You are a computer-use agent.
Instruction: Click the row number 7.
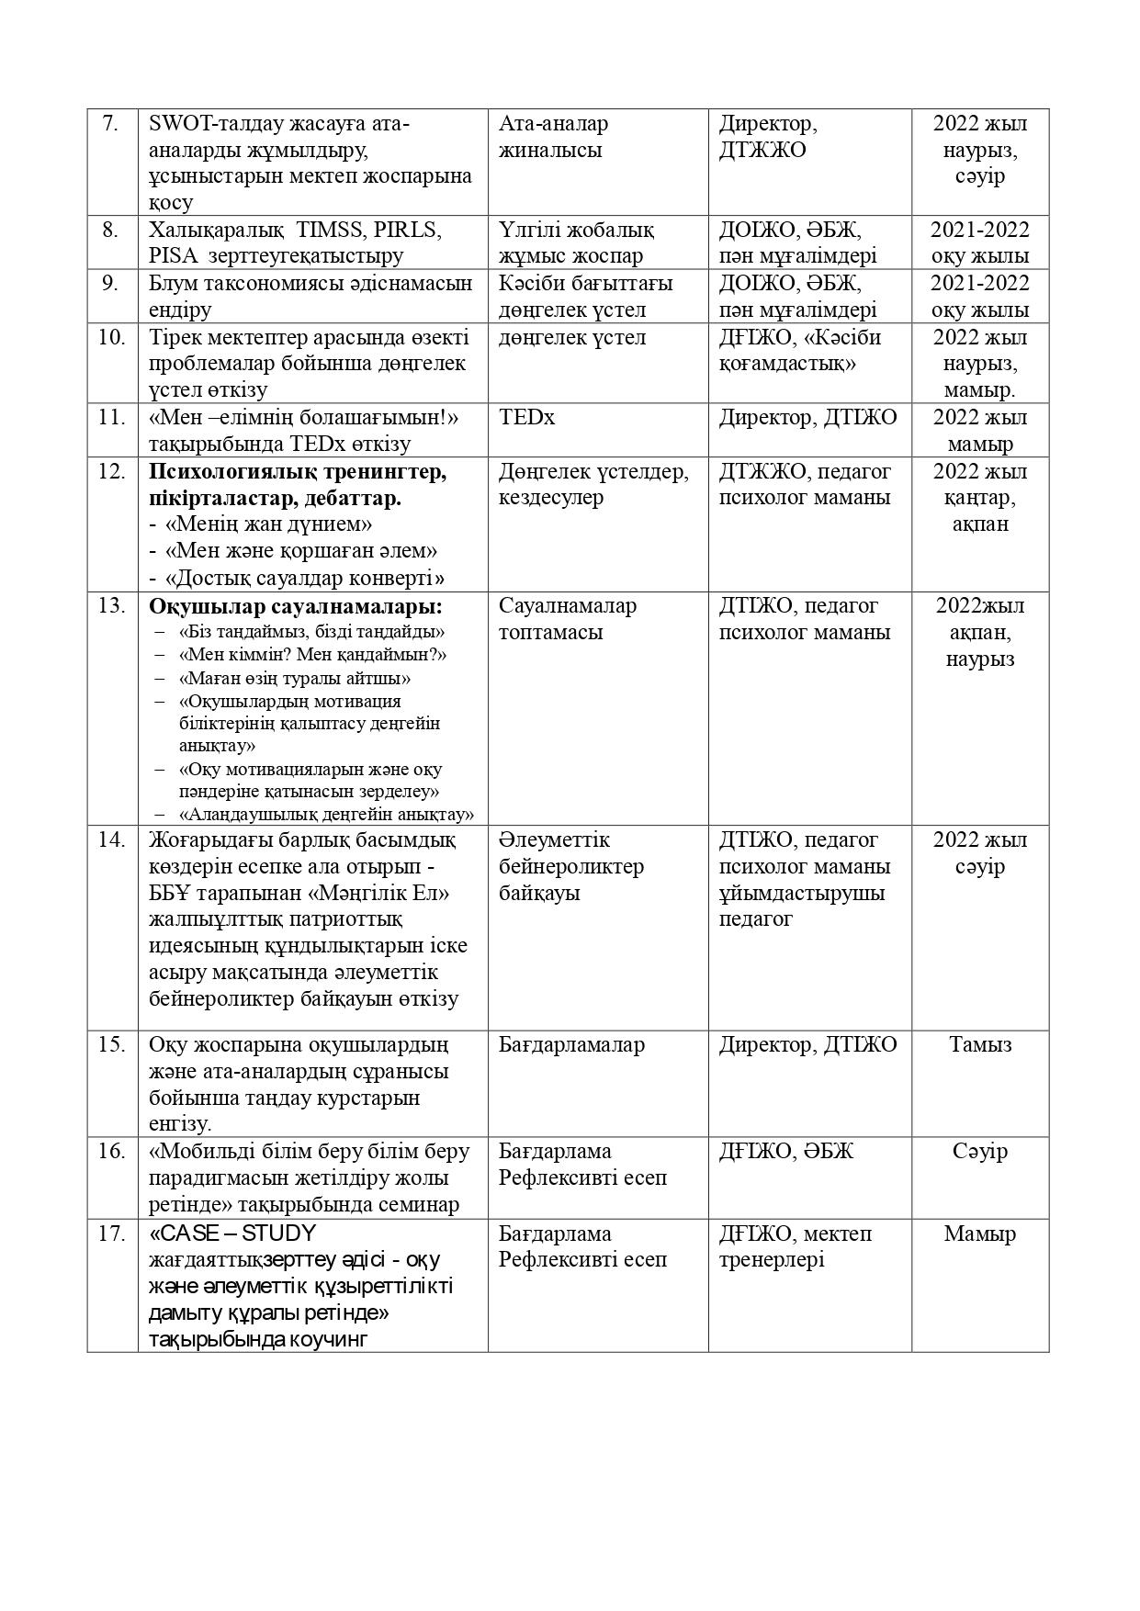click(110, 123)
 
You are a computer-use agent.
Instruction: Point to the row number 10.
click(111, 337)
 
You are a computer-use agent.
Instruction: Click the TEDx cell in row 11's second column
click(526, 418)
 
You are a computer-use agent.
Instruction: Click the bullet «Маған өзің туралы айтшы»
click(295, 679)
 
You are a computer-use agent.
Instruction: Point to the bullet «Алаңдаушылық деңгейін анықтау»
click(326, 815)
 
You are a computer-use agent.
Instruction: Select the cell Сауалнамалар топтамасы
click(567, 619)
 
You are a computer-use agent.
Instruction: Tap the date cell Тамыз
click(980, 1045)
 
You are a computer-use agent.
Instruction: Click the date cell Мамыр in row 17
click(979, 1234)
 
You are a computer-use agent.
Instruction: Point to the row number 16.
click(111, 1152)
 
